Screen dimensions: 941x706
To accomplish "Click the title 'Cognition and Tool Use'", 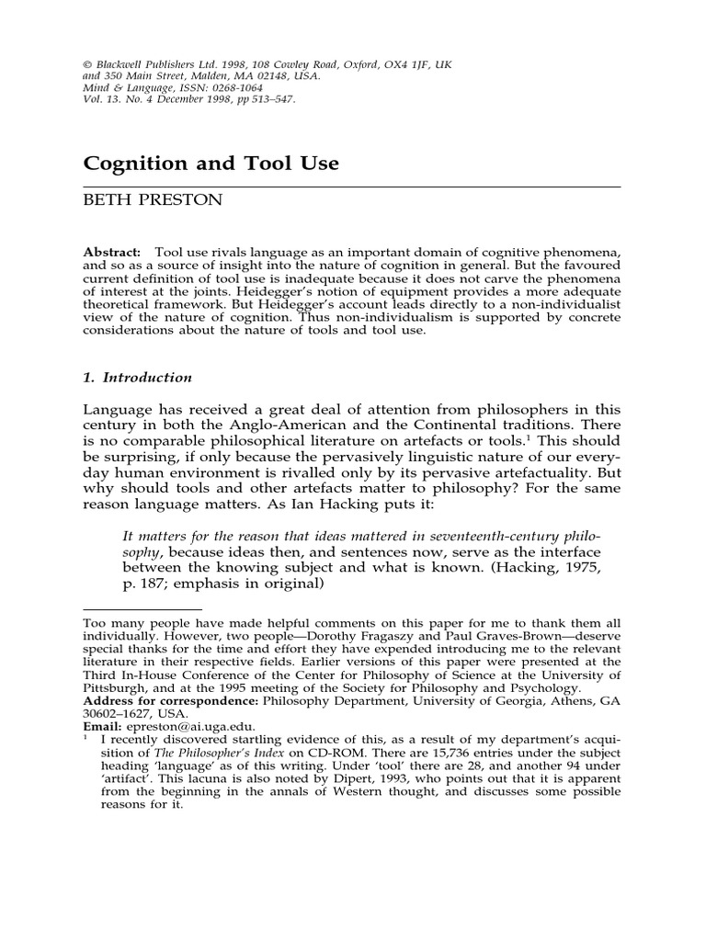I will [x=211, y=164].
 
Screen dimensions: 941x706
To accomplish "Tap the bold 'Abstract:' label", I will [x=113, y=252].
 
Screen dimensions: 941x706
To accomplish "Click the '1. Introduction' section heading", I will [x=137, y=378].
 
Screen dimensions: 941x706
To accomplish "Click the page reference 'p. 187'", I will [x=146, y=584].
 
